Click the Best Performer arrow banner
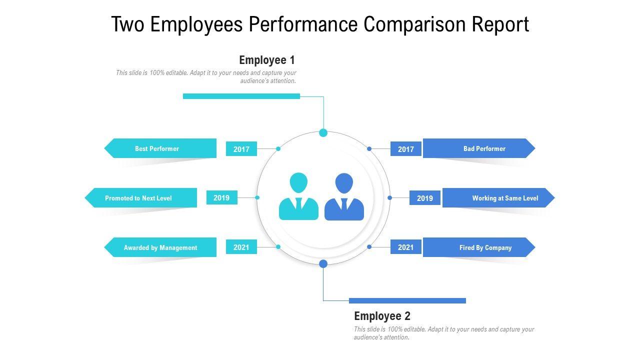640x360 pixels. pyautogui.click(x=160, y=148)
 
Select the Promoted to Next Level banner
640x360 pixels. pyautogui.click(x=141, y=198)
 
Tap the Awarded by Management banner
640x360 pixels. pyautogui.click(x=160, y=247)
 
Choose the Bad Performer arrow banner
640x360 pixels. pyautogui.click(x=479, y=148)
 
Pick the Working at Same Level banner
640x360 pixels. pyautogui.click(x=498, y=198)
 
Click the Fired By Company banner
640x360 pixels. pyautogui.click(x=479, y=247)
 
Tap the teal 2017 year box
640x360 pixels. pyautogui.click(x=241, y=149)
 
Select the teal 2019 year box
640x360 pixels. pyautogui.click(x=221, y=198)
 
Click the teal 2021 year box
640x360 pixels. pyautogui.click(x=241, y=247)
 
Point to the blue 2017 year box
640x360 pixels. pyautogui.click(x=406, y=149)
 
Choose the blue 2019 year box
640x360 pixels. pyautogui.click(x=425, y=198)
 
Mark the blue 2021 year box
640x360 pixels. pyautogui.click(x=406, y=247)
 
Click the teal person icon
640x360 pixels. pyautogui.click(x=298, y=197)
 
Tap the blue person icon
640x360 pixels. pyautogui.click(x=344, y=197)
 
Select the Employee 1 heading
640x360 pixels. pyautogui.click(x=267, y=60)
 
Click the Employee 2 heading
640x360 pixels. pyautogui.click(x=382, y=316)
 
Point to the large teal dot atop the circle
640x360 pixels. pyautogui.click(x=323, y=132)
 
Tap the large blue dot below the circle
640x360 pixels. pyautogui.click(x=323, y=263)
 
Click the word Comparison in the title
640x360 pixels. pyautogui.click(x=415, y=24)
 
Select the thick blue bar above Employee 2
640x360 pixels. pyautogui.click(x=407, y=300)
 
